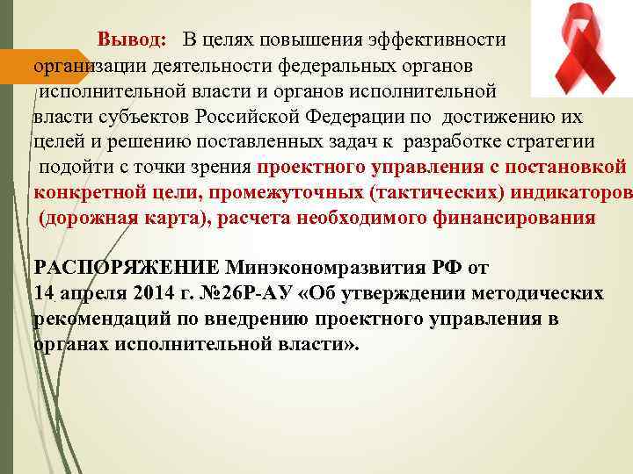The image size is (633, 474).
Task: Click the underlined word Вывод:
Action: (x=131, y=40)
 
